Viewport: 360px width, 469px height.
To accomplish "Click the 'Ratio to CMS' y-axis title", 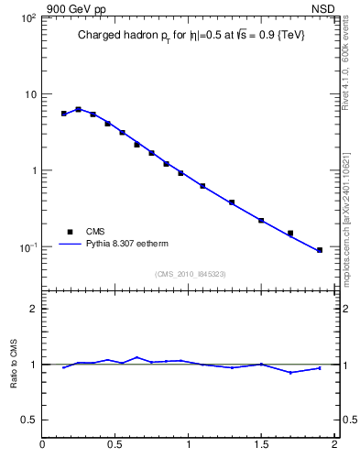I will point(14,365).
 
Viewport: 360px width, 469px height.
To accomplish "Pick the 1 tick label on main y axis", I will point(32,171).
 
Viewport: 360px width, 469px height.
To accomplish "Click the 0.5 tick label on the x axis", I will point(115,445).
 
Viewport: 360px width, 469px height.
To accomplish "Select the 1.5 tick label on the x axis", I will point(261,445).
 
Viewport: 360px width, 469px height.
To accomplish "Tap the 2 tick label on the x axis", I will point(334,445).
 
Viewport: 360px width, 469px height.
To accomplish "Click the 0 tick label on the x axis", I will point(42,445).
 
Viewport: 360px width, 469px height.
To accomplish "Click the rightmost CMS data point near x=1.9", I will point(320,250).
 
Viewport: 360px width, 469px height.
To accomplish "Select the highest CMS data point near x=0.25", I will point(79,110).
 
